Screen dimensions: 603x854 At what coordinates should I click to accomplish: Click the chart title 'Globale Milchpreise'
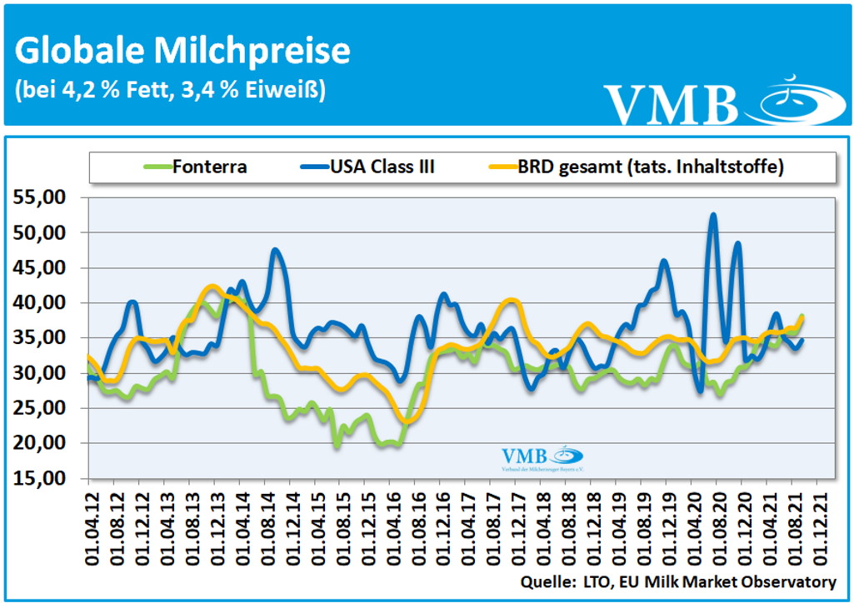click(182, 51)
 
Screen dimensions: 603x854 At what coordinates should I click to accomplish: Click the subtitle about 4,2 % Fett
click(170, 89)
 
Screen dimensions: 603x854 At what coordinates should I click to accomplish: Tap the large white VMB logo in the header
click(671, 104)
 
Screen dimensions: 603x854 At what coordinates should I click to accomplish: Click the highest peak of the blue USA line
click(713, 215)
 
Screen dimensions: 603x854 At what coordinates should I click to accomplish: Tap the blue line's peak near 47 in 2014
click(275, 249)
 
